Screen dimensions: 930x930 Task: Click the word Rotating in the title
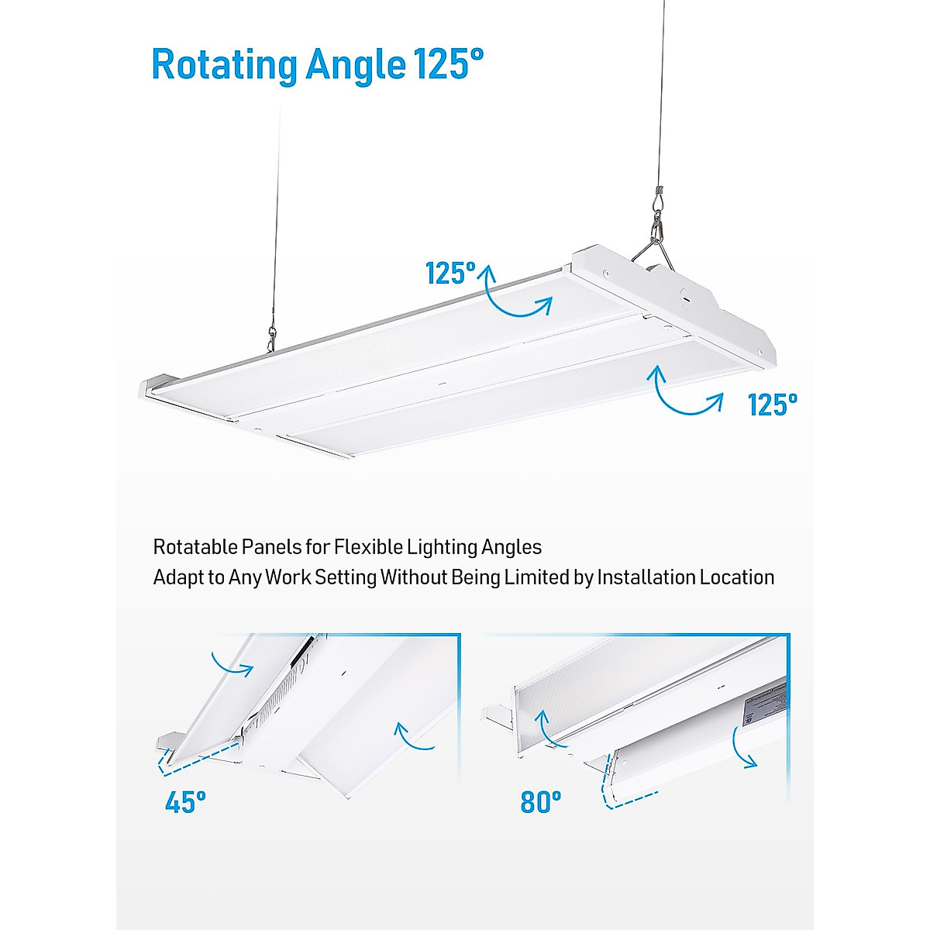tap(224, 64)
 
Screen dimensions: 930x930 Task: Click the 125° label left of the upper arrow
tap(450, 274)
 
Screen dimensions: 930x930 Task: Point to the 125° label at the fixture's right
tap(772, 405)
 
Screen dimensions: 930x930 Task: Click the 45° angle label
tap(185, 803)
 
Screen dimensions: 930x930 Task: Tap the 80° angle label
tap(540, 803)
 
